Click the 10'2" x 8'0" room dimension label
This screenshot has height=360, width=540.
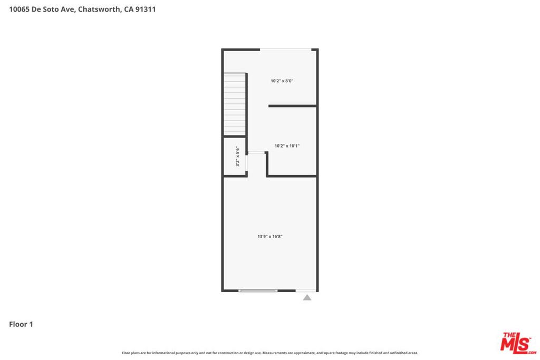click(282, 81)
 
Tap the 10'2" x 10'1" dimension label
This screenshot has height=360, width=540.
click(287, 146)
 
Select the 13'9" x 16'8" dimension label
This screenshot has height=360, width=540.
click(270, 237)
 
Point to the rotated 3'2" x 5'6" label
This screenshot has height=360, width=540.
click(237, 156)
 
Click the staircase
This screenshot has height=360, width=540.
click(235, 104)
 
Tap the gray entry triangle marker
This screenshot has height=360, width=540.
click(307, 297)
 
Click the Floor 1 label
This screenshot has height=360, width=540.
click(21, 324)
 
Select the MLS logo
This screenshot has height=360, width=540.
click(518, 343)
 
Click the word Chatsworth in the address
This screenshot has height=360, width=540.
click(100, 9)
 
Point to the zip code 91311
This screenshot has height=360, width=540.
click(146, 9)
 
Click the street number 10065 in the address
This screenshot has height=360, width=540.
click(20, 9)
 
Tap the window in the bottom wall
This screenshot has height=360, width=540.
click(258, 291)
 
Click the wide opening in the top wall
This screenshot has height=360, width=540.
click(285, 50)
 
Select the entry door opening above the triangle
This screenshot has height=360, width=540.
click(306, 291)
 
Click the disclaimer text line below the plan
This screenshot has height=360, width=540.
click(269, 353)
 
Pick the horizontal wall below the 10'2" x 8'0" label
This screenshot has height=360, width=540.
click(292, 106)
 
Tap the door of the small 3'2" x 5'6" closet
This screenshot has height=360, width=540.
click(247, 163)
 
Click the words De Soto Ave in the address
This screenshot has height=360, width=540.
click(53, 9)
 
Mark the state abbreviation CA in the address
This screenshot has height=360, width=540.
click(129, 9)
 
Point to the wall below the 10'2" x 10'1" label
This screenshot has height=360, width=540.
click(291, 176)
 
